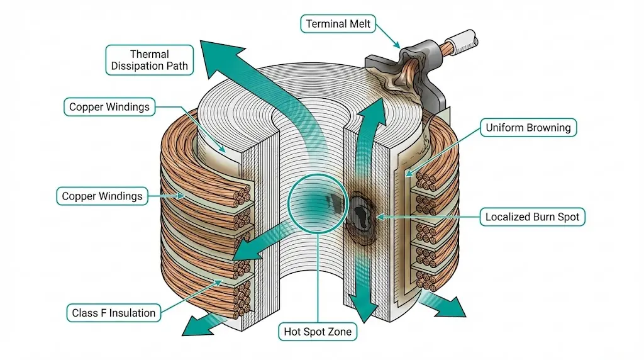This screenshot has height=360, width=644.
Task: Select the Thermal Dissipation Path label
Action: point(150,60)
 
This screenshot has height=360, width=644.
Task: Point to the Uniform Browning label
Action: point(528,128)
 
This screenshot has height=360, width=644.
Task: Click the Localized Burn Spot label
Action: point(531,217)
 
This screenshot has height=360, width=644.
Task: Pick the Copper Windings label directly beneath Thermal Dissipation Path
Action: point(109,106)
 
